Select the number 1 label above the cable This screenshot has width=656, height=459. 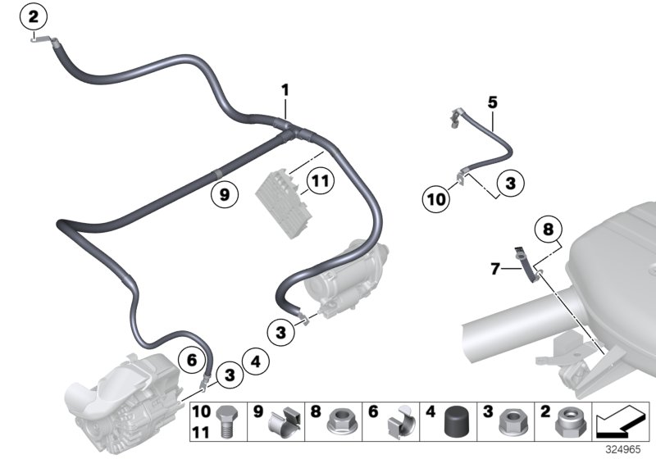tap(285, 89)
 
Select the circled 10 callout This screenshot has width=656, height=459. tap(435, 197)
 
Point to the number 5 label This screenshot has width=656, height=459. tap(492, 102)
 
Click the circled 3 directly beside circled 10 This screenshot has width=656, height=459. tap(510, 184)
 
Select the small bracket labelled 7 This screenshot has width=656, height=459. tap(521, 265)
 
